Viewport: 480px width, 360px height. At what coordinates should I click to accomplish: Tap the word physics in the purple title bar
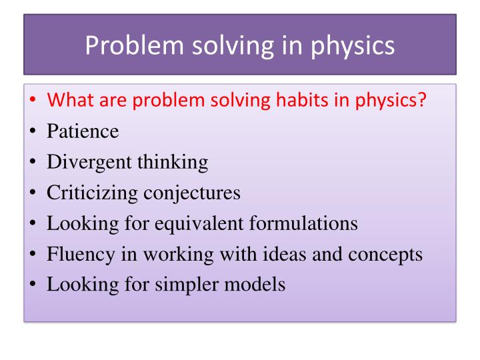[x=350, y=45]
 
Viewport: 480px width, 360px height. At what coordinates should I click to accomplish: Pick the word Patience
[x=83, y=131]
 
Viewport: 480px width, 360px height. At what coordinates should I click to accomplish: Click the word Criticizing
[x=91, y=193]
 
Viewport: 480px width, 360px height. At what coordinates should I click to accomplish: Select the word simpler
[x=176, y=285]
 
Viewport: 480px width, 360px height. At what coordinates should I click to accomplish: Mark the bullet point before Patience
[x=33, y=132]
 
